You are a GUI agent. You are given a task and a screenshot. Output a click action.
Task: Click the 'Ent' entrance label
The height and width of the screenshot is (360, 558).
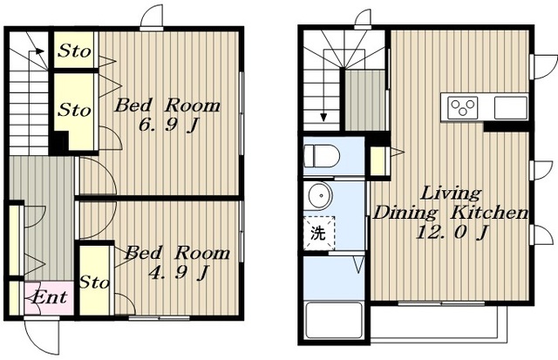tap(49, 297)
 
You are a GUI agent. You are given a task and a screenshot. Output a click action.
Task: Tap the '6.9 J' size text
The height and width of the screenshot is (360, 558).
tap(168, 125)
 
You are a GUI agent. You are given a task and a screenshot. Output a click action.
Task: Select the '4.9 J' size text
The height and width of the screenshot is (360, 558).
tap(178, 273)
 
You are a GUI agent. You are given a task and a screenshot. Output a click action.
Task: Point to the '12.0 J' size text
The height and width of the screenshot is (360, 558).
tap(451, 232)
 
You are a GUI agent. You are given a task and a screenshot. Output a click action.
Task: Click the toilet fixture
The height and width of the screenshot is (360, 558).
tap(322, 156)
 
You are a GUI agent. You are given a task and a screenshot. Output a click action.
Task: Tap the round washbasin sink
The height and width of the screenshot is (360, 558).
tap(320, 195)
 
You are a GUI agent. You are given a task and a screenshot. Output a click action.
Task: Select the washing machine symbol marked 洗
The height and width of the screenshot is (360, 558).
tap(318, 233)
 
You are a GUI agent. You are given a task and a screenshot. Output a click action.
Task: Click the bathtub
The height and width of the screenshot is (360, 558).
tap(334, 320)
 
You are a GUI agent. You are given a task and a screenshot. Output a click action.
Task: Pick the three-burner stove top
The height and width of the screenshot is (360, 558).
tap(463, 107)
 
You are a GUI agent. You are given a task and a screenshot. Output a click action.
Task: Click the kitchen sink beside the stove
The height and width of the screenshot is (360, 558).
tap(510, 107)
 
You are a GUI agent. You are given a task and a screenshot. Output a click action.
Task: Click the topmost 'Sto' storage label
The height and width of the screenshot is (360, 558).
tap(74, 51)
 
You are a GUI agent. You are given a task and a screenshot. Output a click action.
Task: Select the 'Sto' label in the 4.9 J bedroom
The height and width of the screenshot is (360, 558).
tap(94, 282)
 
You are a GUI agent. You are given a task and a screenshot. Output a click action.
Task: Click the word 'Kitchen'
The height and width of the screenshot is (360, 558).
tap(489, 213)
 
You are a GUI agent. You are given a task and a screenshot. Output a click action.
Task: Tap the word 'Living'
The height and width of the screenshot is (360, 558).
tap(452, 194)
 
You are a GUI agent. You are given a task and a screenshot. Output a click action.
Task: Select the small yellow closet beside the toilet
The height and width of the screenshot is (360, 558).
tap(378, 161)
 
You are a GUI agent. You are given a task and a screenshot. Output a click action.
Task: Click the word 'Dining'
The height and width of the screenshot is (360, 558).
tap(405, 213)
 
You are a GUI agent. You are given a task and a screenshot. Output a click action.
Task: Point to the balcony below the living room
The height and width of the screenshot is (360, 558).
tap(439, 323)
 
